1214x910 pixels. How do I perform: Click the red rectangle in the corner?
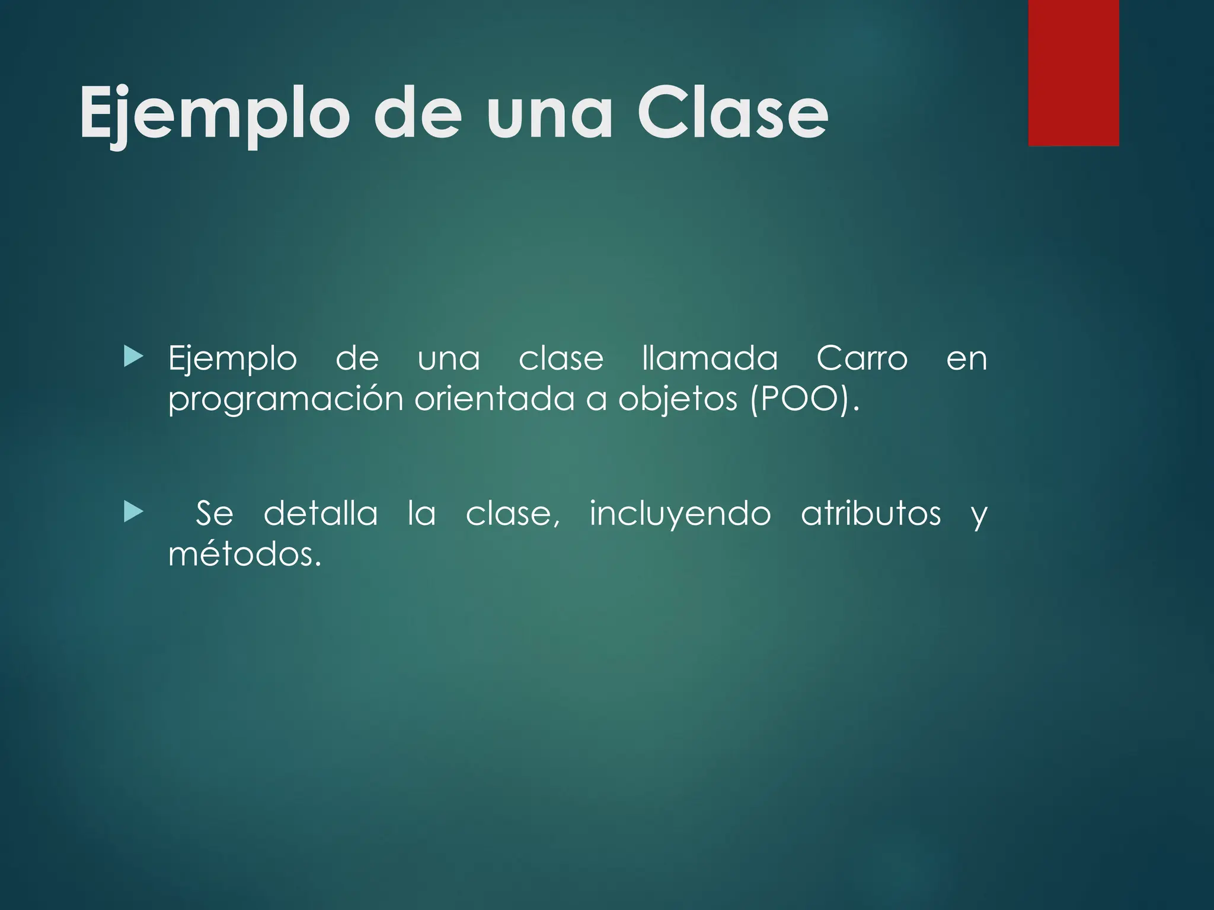click(1074, 72)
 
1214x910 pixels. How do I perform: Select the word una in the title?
click(549, 114)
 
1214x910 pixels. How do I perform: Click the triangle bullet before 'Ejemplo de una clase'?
click(134, 357)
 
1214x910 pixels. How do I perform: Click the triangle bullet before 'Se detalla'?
click(134, 512)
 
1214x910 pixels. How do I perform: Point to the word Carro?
click(861, 358)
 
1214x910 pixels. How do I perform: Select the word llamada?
click(710, 358)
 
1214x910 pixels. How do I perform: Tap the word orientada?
click(494, 398)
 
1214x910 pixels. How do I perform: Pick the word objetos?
click(678, 399)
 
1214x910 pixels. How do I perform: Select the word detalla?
click(320, 513)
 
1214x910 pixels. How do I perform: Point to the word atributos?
click(870, 513)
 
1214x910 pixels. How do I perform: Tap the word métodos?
click(244, 555)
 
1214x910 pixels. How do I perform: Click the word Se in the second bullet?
click(214, 513)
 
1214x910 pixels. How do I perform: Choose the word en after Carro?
click(966, 360)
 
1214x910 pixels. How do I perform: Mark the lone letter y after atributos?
click(979, 515)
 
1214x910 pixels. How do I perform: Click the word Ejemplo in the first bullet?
click(232, 360)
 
